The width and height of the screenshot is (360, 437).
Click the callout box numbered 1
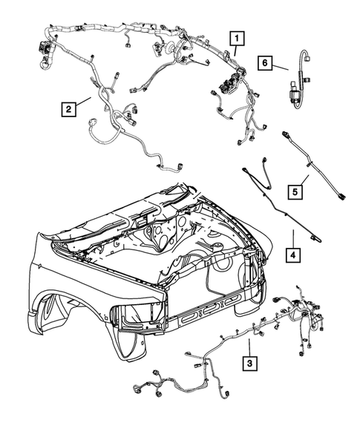pyautogui.click(x=235, y=37)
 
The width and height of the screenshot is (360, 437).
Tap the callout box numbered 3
pyautogui.click(x=249, y=363)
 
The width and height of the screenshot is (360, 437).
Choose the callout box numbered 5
pyautogui.click(x=294, y=192)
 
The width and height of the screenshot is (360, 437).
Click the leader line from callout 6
pyautogui.click(x=281, y=68)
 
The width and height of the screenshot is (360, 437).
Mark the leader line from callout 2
pyautogui.click(x=83, y=103)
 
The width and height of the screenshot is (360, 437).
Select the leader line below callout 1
pyautogui.click(x=235, y=51)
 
